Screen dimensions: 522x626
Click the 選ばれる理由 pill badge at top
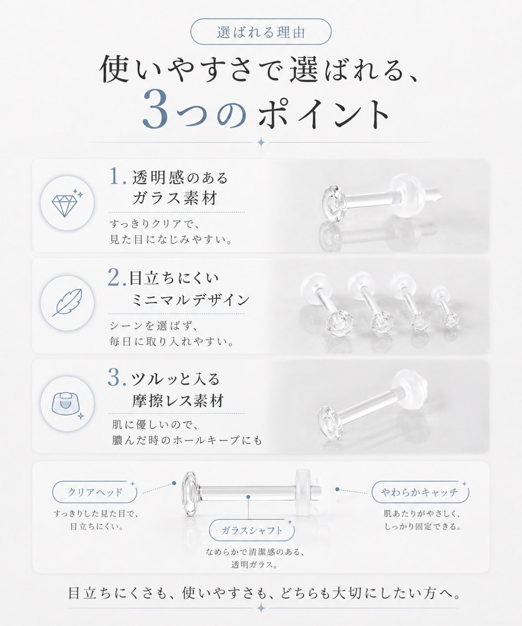coord(261,32)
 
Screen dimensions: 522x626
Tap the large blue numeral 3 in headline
coord(155,110)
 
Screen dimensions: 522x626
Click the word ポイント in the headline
coord(324,114)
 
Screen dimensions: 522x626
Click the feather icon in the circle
coord(67,303)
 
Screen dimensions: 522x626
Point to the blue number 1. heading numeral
coord(117,176)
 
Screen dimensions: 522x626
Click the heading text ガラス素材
coord(175,198)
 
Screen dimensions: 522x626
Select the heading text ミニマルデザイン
coord(191,300)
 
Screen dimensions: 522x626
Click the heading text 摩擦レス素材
coord(178,401)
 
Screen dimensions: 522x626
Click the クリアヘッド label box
coord(95,492)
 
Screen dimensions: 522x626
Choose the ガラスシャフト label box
coord(252,530)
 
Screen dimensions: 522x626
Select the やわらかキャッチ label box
coord(420,492)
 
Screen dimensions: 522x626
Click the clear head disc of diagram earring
coord(190,493)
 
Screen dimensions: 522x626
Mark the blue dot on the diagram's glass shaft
coord(248,497)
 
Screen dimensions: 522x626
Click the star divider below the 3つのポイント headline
coord(261,143)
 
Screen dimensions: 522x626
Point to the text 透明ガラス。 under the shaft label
coord(254,565)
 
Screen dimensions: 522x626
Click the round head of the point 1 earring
coord(334,203)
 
